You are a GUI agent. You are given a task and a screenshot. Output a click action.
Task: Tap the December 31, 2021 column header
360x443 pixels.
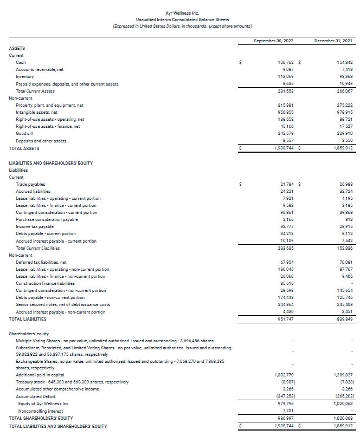[333, 41]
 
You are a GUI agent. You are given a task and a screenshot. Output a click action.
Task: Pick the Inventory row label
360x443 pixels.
[25, 77]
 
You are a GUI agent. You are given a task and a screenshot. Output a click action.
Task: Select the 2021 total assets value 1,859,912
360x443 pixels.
[343, 148]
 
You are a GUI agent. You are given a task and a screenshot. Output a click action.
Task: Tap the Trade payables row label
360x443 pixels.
[30, 184]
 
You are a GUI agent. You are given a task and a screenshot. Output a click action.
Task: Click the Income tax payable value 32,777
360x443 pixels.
[286, 226]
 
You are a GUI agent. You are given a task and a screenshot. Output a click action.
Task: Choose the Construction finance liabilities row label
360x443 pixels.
[45, 283]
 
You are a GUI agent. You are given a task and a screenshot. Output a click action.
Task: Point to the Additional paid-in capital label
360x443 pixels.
[40, 375]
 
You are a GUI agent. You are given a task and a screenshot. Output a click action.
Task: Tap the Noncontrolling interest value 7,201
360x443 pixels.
[287, 411]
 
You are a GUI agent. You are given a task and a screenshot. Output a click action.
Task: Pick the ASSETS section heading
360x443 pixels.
[17, 48]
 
